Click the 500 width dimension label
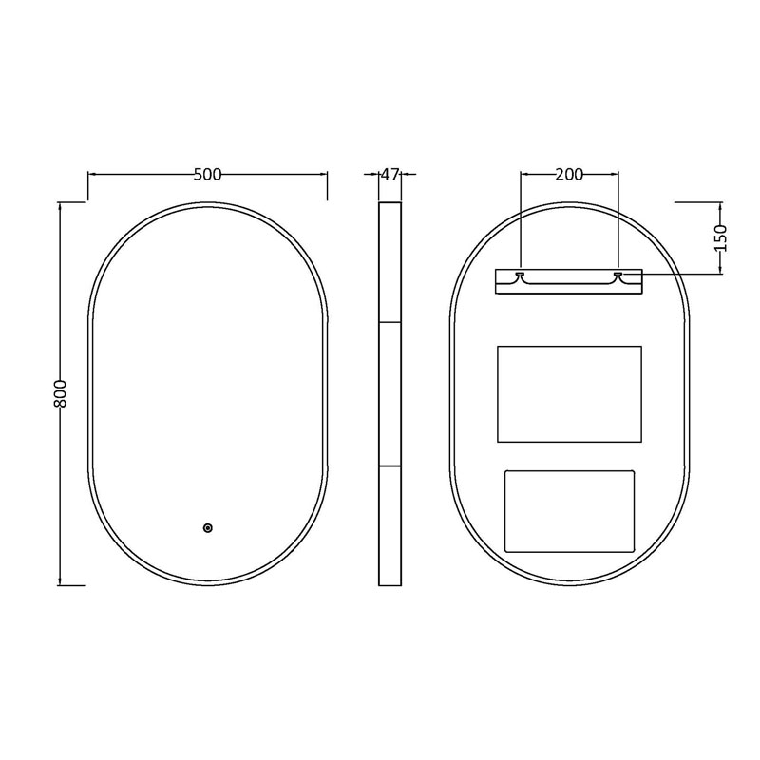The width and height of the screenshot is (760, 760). click(x=207, y=175)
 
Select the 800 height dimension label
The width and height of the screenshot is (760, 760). click(x=60, y=393)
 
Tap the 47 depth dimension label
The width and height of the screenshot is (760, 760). click(x=390, y=174)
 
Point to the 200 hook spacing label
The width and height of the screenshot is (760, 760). click(x=569, y=175)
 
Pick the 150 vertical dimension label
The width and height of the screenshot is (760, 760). click(x=721, y=238)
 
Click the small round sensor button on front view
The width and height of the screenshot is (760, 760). click(x=208, y=528)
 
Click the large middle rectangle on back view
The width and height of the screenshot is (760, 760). click(x=569, y=394)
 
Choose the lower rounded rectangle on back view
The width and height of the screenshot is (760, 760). click(x=569, y=511)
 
